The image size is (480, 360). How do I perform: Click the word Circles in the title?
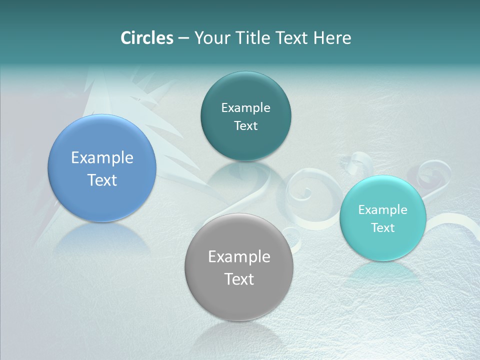point(147,38)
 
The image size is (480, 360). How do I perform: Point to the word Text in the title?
point(292,38)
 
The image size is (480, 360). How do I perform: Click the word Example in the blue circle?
point(102,158)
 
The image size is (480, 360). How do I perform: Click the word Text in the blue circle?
point(102,180)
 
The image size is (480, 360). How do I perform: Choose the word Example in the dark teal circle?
point(245,108)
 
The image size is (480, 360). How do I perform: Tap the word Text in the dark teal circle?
point(245,126)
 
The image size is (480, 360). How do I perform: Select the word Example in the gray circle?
point(239,257)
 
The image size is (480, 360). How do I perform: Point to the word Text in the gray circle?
point(239,279)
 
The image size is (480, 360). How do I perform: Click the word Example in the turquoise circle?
point(382,210)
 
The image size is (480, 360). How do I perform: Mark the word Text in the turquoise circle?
point(382,228)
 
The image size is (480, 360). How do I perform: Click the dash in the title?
point(183,38)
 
